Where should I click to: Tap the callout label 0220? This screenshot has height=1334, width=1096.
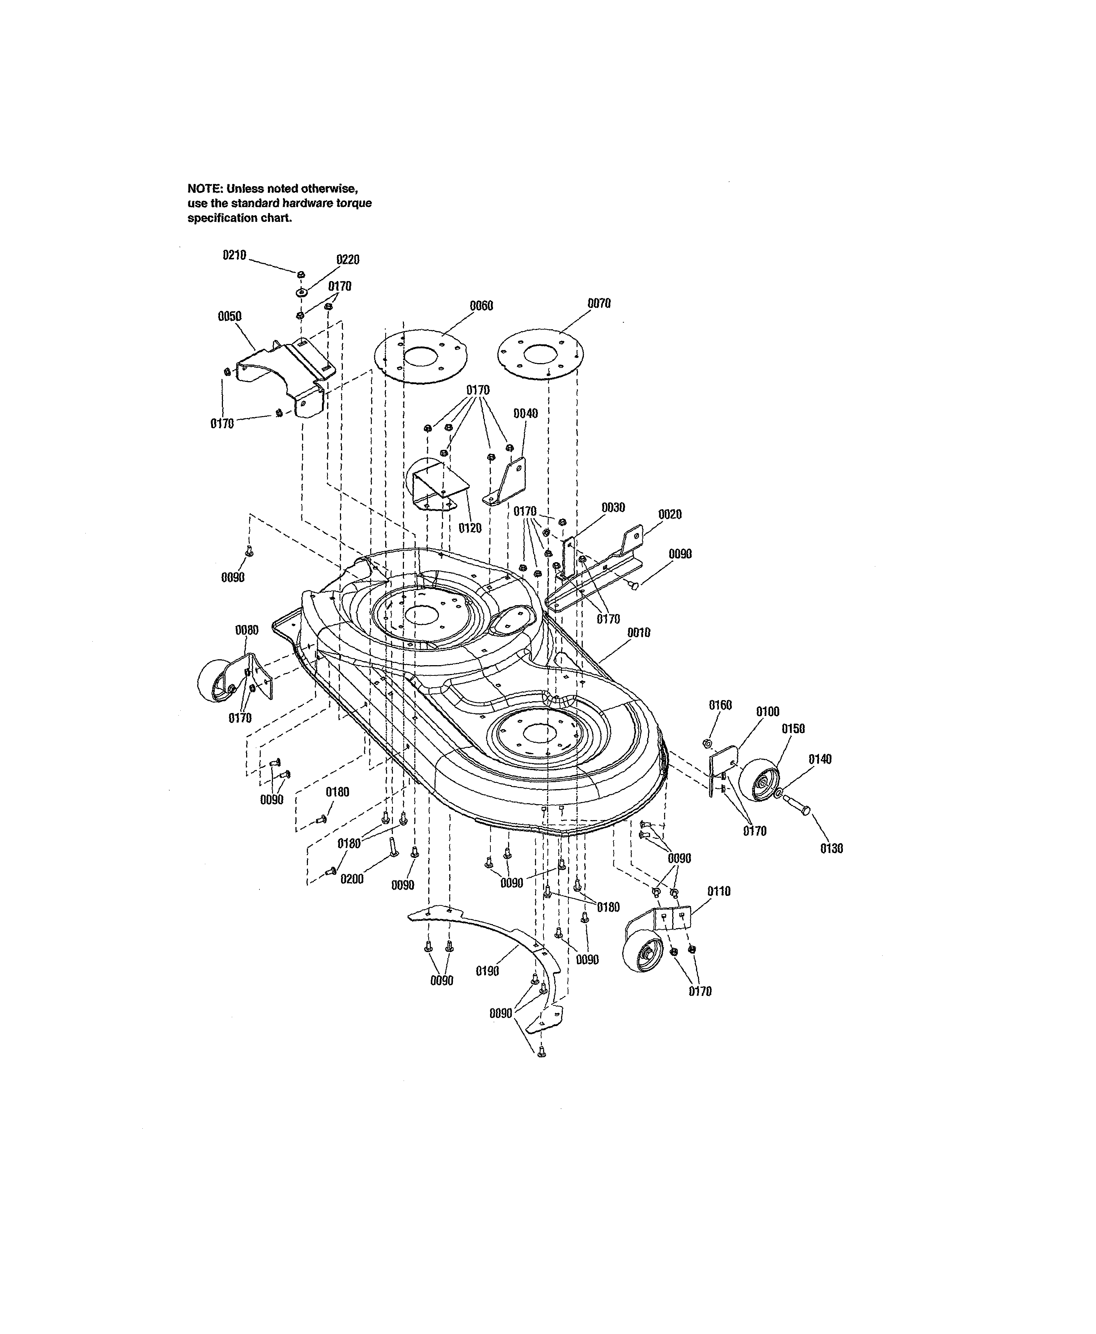[x=348, y=259]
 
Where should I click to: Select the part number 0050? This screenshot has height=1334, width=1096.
[x=230, y=316]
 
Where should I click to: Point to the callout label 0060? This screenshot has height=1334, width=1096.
[x=482, y=306]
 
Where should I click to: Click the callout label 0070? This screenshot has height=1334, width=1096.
[x=599, y=304]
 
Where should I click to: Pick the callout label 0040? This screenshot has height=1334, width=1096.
[x=526, y=414]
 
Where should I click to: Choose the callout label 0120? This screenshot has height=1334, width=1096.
[x=470, y=528]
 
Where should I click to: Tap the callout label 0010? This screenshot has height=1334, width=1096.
[x=639, y=632]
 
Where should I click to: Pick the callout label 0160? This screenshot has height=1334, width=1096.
[x=720, y=705]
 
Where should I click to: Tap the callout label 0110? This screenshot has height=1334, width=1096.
[x=719, y=891]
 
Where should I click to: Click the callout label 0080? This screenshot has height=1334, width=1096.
[x=247, y=630]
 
